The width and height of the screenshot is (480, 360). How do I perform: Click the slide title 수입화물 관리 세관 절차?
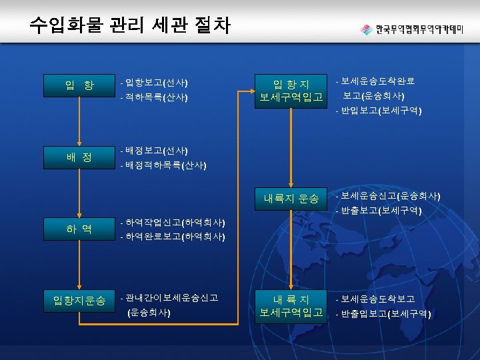pyautogui.click(x=130, y=25)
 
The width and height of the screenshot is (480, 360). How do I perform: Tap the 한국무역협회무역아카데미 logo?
pyautogui.click(x=421, y=30)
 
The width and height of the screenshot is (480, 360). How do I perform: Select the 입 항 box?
pyautogui.click(x=79, y=85)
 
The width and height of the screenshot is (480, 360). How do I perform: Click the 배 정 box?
pyautogui.click(x=79, y=157)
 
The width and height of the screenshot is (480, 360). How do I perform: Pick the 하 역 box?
pyautogui.click(x=79, y=229)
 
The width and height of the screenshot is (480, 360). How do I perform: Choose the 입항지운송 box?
pyautogui.click(x=79, y=301)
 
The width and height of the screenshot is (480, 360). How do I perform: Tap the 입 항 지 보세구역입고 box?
pyautogui.click(x=291, y=91)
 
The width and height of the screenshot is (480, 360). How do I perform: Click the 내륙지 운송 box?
pyautogui.click(x=291, y=198)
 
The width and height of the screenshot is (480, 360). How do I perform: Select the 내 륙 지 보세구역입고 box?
pyautogui.click(x=291, y=305)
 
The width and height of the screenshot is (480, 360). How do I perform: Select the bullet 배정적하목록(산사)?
pyautogui.click(x=164, y=165)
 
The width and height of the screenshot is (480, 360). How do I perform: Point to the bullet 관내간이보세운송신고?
pyautogui.click(x=171, y=297)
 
